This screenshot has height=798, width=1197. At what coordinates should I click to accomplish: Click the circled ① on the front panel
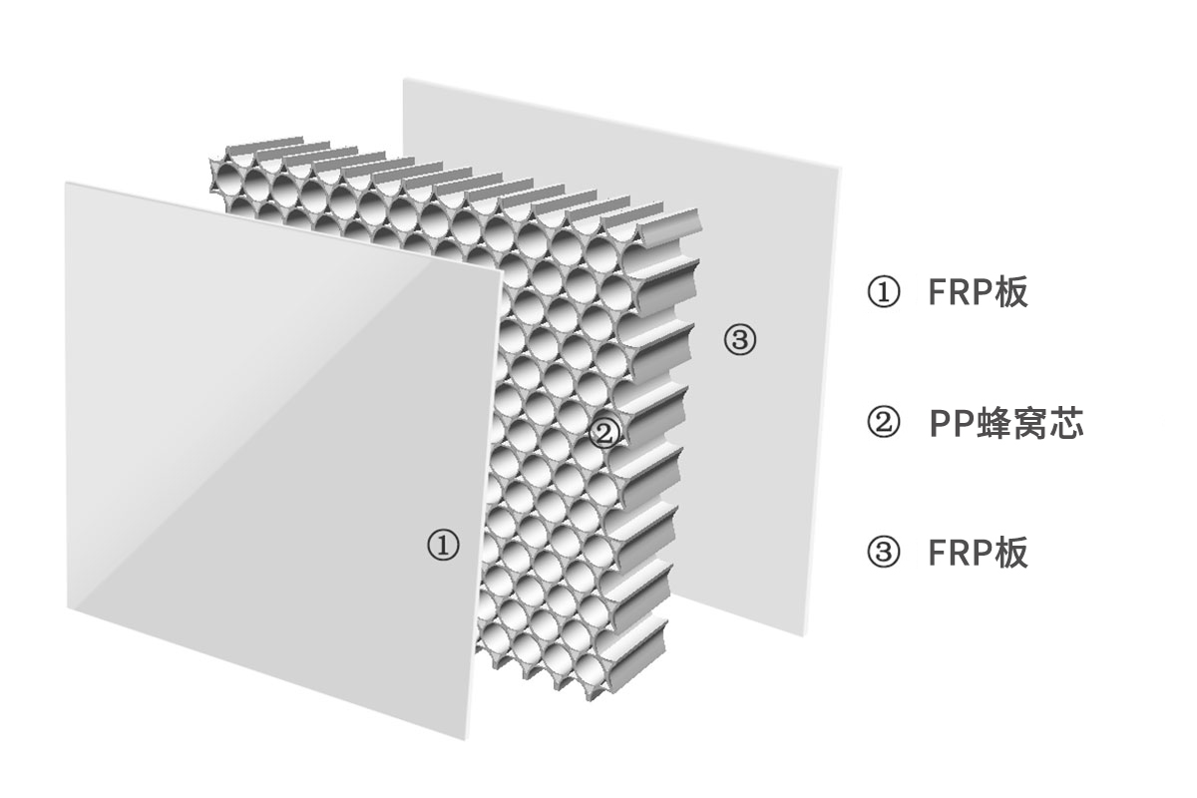[x=443, y=545]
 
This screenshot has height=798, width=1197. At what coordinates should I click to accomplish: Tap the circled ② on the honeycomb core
[x=604, y=432]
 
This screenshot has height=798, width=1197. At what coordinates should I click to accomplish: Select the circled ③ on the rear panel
[x=740, y=339]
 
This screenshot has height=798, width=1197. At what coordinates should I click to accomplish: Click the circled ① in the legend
[x=883, y=292]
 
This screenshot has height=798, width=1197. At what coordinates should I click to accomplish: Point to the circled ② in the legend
[x=883, y=422]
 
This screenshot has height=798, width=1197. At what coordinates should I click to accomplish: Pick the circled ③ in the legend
[x=883, y=553]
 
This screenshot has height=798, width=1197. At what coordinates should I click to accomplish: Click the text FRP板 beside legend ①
[x=979, y=292]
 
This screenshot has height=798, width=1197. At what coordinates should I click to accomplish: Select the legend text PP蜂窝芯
[x=1006, y=422]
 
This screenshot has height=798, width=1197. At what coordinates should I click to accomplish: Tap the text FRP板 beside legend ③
[x=979, y=553]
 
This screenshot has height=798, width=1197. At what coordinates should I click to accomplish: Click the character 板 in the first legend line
[x=1011, y=292]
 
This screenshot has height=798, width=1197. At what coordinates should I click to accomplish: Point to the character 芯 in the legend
[x=1066, y=422]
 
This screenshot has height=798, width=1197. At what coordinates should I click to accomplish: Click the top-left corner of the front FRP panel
[x=66, y=183]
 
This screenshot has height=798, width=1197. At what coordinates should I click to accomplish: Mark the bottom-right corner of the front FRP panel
[x=466, y=740]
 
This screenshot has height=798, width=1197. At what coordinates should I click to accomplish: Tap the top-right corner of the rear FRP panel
[x=841, y=168]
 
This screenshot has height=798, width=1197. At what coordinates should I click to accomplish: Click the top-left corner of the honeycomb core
[x=210, y=159]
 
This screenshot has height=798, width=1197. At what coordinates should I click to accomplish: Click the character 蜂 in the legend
[x=994, y=422]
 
